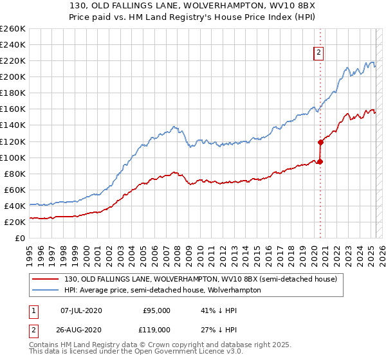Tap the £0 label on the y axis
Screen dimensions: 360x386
(20, 238)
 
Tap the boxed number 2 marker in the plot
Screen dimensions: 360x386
(318, 53)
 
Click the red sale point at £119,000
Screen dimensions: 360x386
(320, 142)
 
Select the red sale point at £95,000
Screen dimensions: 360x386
(320, 161)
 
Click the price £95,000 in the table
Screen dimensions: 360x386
(156, 310)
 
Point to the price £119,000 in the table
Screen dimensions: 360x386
(156, 329)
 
